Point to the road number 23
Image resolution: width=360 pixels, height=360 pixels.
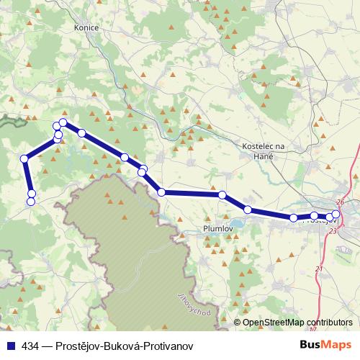click(333, 231)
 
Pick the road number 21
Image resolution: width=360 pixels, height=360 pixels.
click(318, 269)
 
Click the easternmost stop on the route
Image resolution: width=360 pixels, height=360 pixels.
click(336, 214)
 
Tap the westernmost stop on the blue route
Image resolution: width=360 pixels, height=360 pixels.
click(24, 158)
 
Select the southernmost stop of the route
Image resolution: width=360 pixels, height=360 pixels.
click(31, 202)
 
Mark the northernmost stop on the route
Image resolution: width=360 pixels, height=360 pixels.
click(63, 122)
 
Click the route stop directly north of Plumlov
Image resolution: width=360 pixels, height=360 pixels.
click(222, 195)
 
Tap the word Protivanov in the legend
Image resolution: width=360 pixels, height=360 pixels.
click(168, 346)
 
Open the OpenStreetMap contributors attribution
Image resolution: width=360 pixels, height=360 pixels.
click(297, 322)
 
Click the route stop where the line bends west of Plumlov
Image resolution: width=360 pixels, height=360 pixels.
click(162, 192)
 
